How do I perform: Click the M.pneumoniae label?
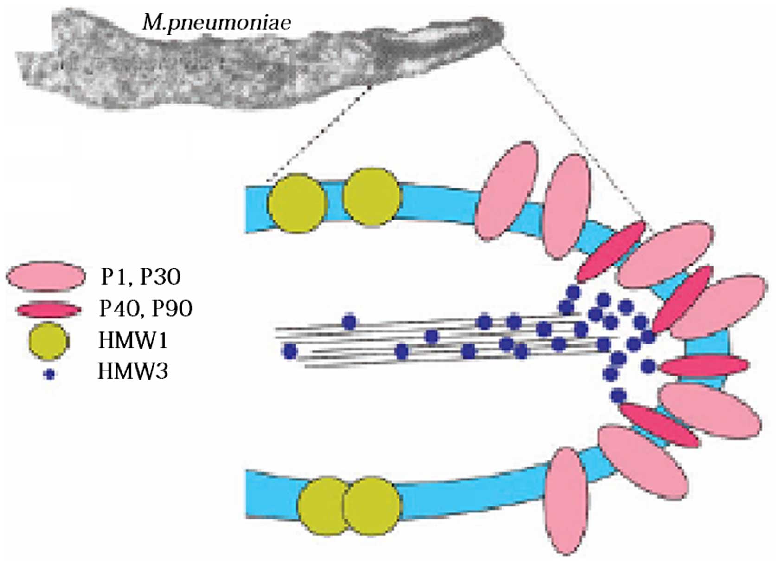coord(217,22)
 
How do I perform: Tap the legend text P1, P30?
coord(141,276)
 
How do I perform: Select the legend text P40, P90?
coord(146,308)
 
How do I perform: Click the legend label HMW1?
coord(133,340)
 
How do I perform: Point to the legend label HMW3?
coord(133,371)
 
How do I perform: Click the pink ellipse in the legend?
coord(46,276)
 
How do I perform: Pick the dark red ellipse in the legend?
coord(48,309)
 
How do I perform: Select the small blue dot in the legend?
coord(49,374)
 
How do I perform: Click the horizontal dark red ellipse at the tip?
coord(704,366)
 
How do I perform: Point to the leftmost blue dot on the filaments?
coord(290,351)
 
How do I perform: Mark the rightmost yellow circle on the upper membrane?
coord(371,197)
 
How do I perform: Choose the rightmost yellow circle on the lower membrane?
coord(371,506)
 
